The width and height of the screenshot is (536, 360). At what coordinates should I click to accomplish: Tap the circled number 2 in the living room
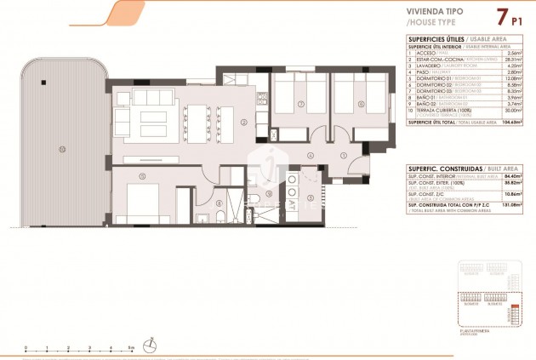coord(243,123)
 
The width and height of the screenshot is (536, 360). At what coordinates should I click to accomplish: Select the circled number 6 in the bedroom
coord(360,106)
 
